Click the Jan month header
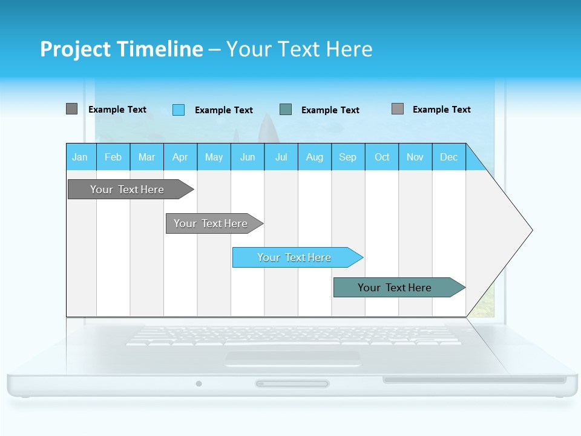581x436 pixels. (80, 157)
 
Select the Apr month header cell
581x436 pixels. (180, 157)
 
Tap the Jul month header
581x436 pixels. (281, 157)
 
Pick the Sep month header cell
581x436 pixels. (347, 157)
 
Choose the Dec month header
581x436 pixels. (448, 157)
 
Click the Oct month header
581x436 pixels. (381, 157)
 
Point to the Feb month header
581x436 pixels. (113, 157)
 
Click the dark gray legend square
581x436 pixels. (71, 109)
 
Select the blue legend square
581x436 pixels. (178, 110)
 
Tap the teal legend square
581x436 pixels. (286, 110)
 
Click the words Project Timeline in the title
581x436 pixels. (121, 49)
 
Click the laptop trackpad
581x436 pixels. (292, 358)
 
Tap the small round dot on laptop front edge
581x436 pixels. (199, 383)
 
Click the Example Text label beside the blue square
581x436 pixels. (223, 110)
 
